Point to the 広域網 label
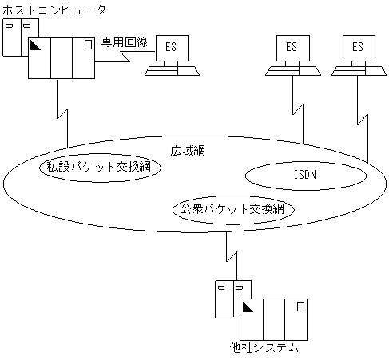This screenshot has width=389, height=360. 189,151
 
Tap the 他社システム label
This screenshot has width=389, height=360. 263,348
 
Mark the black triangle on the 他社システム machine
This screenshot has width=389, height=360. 248,307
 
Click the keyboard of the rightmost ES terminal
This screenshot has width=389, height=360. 356,70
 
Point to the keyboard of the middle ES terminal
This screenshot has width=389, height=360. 291,70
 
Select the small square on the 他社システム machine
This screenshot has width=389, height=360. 300,305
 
